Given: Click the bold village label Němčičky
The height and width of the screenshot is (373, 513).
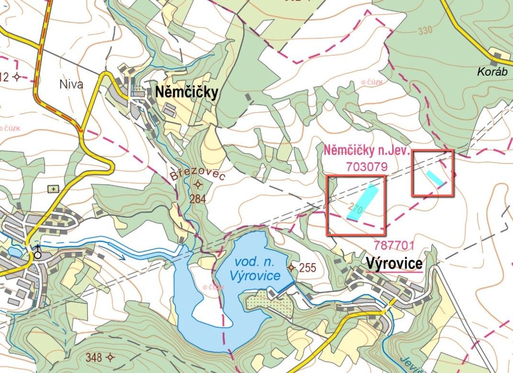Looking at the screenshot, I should (x=186, y=93).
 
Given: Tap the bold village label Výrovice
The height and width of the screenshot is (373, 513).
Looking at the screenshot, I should (x=394, y=263).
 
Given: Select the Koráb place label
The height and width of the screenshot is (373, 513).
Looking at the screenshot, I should (x=491, y=71).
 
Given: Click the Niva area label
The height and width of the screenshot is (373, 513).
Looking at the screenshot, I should (x=71, y=85).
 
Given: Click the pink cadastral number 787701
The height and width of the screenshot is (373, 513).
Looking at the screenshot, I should (x=395, y=245).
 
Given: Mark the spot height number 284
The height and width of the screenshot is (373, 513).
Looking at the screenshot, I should (x=197, y=199).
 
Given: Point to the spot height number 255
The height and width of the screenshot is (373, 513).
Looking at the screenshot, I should (x=308, y=268).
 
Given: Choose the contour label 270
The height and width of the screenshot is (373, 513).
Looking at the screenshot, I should (x=355, y=209).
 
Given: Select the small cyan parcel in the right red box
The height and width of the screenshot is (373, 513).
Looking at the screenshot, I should (x=435, y=178).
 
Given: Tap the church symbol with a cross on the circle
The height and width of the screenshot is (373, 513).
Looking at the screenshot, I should (x=37, y=254).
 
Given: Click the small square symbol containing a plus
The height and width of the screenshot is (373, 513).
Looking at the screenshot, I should (x=53, y=188).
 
